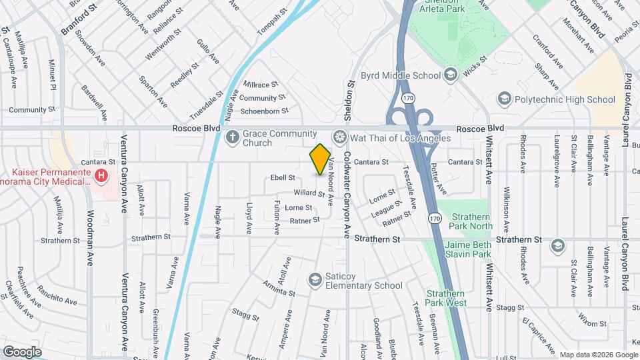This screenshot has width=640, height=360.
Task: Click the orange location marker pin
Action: point(321,159)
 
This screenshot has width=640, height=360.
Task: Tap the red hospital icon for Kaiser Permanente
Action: point(101,177)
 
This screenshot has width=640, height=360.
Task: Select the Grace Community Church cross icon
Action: point(232,138)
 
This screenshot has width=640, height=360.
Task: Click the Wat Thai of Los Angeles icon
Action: point(340,138)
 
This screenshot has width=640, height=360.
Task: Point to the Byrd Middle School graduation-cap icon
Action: point(451,75)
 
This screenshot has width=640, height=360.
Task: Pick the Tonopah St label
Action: point(275,20)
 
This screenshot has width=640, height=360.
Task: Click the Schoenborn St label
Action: point(264,111)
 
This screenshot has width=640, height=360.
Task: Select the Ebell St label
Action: point(282,178)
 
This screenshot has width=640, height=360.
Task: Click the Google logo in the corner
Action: point(22,351)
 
